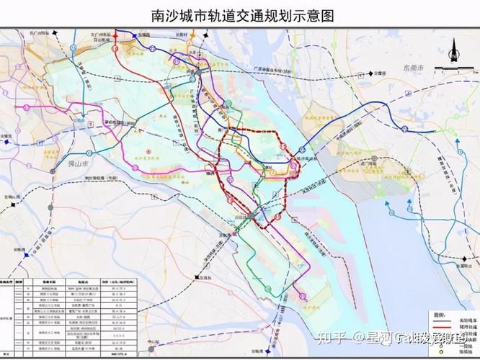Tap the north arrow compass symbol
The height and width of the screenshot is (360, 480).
[453, 48]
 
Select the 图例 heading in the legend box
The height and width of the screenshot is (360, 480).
[437, 315]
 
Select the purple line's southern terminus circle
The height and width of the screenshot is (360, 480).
[303, 296]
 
